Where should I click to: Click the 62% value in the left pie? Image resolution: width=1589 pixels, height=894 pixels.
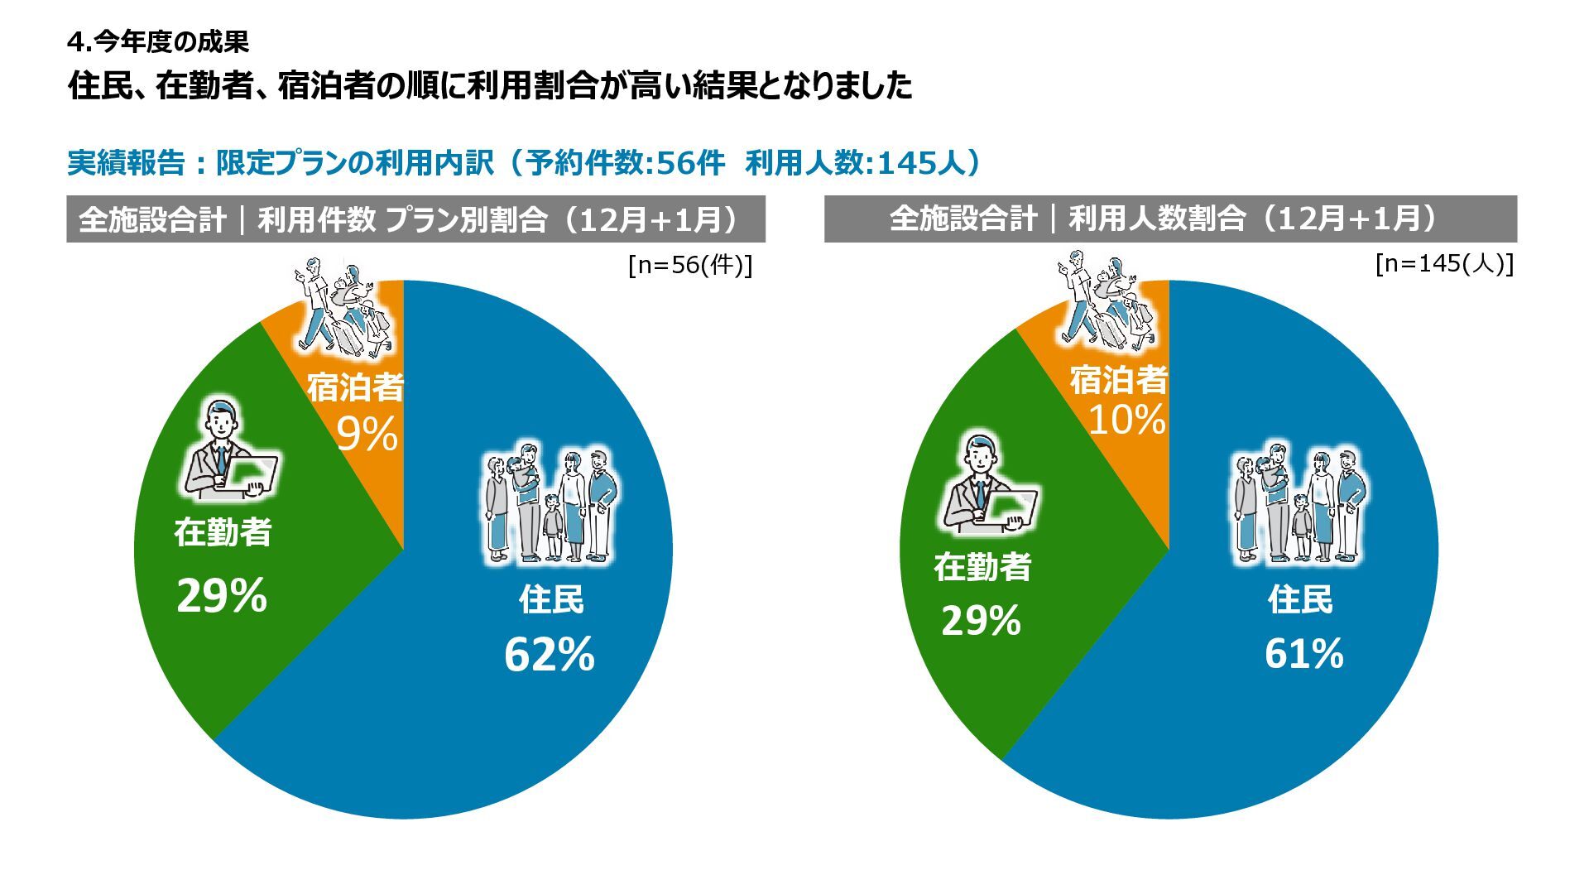tap(550, 655)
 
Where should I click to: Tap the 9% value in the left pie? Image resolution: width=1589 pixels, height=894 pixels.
tap(367, 434)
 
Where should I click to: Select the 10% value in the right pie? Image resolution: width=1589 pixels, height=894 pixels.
tap(1126, 419)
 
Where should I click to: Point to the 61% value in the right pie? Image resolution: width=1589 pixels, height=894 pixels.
tap(1303, 654)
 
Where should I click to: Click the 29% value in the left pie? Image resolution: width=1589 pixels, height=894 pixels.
tap(222, 595)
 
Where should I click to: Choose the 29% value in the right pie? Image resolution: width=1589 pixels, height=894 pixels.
tap(981, 621)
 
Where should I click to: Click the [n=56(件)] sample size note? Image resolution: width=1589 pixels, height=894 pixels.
tap(690, 266)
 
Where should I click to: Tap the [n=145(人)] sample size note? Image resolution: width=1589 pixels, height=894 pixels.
tap(1444, 264)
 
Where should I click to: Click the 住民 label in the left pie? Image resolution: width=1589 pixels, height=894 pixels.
tap(551, 599)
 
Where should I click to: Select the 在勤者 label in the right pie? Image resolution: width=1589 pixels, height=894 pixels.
tap(982, 568)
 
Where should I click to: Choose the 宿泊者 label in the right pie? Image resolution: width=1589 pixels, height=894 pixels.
tap(1118, 380)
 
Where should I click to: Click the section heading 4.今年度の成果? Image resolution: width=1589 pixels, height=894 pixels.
tap(158, 41)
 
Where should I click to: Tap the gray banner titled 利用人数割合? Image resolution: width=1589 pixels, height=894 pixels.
tap(1170, 219)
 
